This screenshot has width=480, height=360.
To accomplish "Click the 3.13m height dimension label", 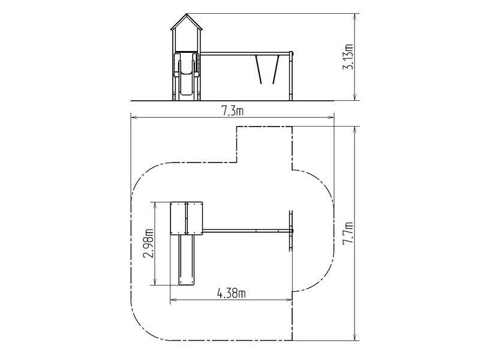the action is point(348,57).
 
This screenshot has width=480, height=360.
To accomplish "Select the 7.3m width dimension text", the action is point(233,112).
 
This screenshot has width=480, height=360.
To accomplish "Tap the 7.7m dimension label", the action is point(348,233).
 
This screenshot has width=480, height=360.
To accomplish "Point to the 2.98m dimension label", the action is point(149,244).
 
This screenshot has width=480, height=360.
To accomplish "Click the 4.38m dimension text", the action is point(231,293).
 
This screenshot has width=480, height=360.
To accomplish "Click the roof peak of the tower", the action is point(187,14).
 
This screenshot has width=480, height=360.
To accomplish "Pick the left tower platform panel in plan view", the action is point(178,218).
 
